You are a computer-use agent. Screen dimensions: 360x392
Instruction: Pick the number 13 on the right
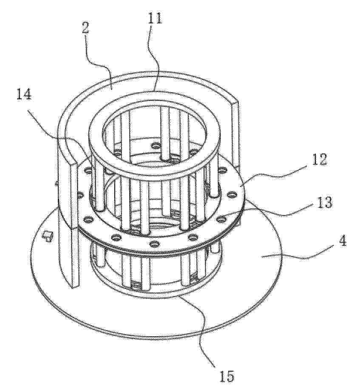[323, 202]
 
